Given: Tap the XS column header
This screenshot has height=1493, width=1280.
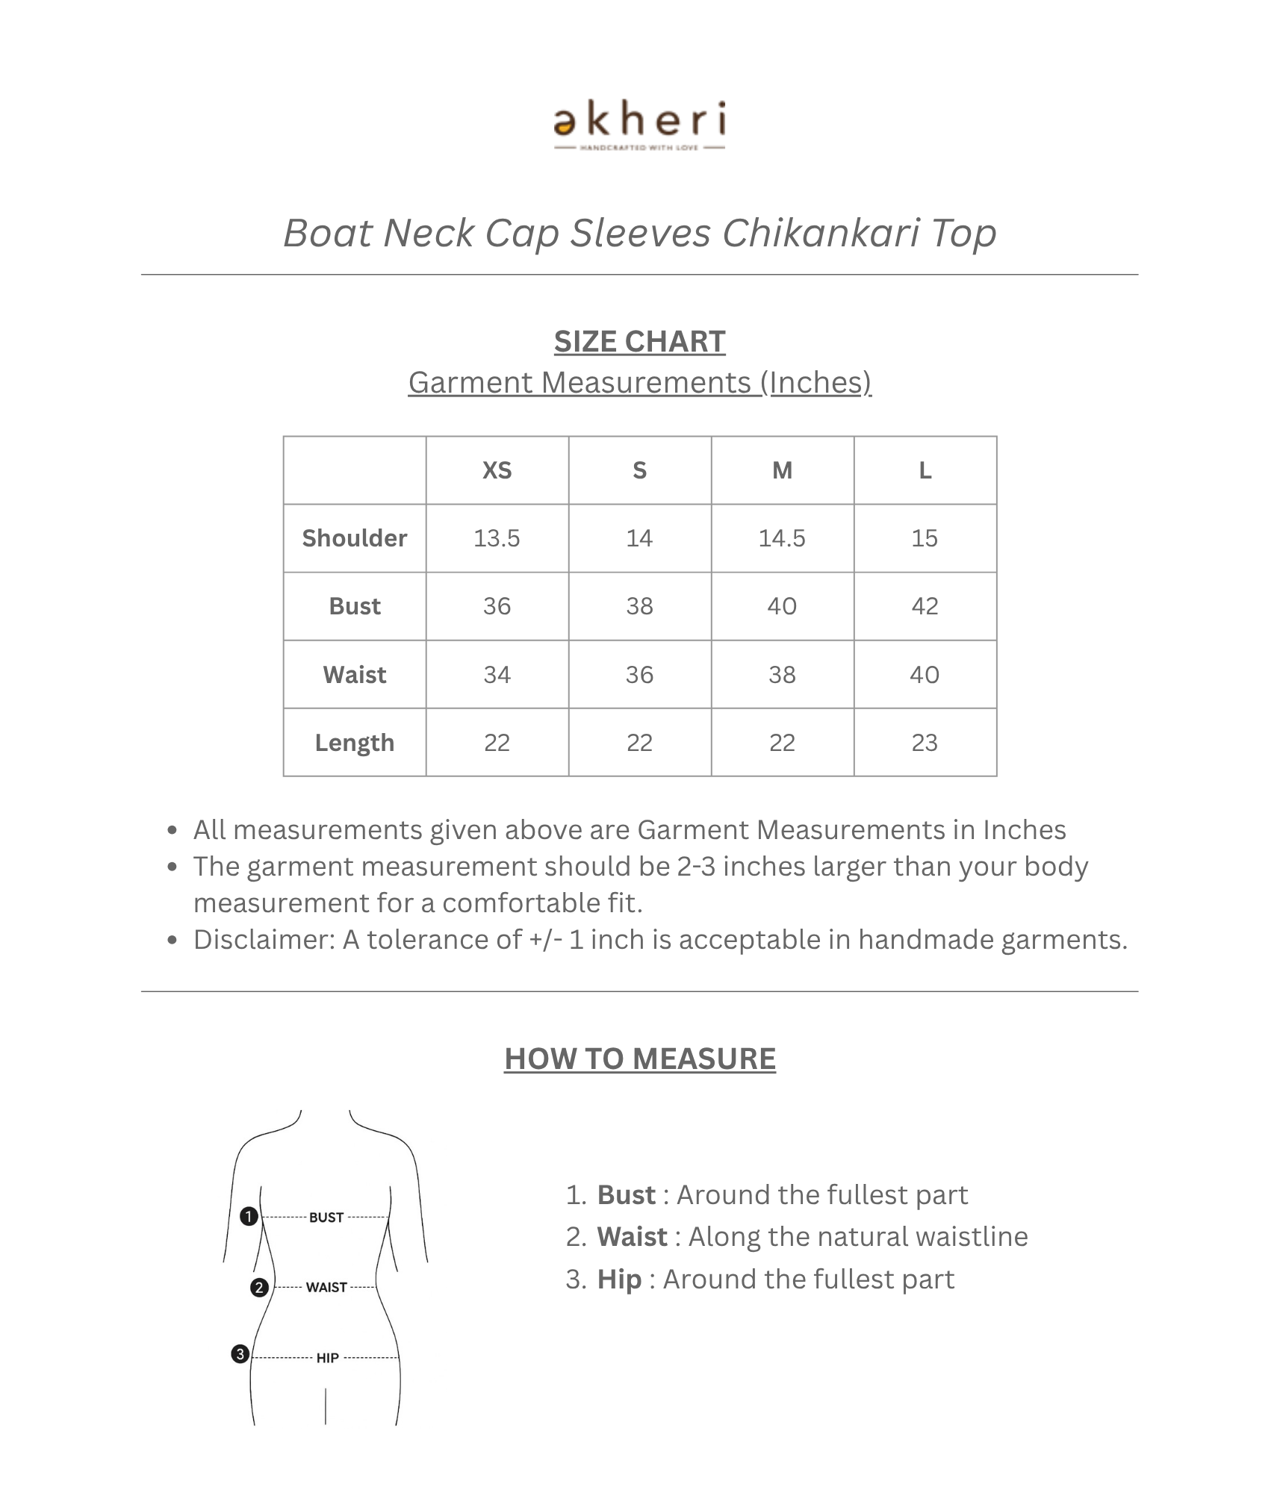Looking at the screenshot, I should click(x=497, y=470).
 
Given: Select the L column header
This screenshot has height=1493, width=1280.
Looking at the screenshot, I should click(x=925, y=470).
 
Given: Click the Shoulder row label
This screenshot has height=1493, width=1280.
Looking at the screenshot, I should click(x=355, y=538).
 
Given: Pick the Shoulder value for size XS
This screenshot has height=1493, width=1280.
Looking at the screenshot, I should click(x=497, y=538).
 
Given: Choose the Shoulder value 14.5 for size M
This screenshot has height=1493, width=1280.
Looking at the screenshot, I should click(x=782, y=538).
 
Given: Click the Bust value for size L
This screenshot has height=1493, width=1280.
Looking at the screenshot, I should click(x=925, y=606).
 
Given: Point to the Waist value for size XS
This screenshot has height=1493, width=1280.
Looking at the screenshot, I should click(x=497, y=675).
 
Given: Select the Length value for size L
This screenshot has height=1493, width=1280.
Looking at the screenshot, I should click(x=925, y=743).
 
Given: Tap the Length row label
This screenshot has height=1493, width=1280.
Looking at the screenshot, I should click(x=355, y=743).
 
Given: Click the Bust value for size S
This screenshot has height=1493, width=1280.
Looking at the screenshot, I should click(x=639, y=606).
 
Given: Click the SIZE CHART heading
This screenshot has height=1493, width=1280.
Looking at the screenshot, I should click(x=639, y=342).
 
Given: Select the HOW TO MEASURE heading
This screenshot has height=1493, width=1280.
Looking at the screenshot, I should click(x=639, y=1059).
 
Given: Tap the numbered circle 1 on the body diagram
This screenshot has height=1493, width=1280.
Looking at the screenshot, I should click(x=249, y=1217).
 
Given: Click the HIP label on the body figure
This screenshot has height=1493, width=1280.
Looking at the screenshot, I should click(x=327, y=1358).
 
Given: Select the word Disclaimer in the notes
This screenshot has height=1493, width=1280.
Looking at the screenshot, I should click(x=262, y=940).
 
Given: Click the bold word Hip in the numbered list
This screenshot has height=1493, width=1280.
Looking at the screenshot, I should click(x=619, y=1280).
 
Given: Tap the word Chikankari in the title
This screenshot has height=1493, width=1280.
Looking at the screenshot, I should click(x=820, y=233).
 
